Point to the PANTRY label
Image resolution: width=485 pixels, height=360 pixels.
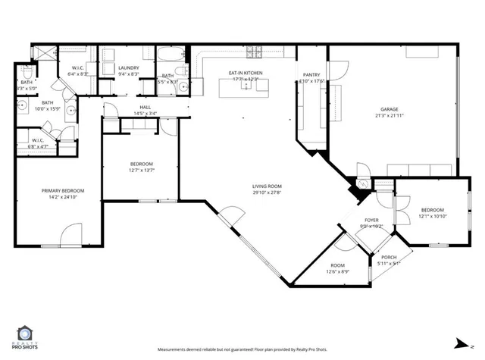[x=311, y=74]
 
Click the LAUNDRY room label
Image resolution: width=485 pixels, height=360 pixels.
[x=129, y=68]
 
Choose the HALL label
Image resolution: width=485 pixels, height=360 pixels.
[x=145, y=107]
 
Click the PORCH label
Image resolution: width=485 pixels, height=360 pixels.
[x=389, y=258]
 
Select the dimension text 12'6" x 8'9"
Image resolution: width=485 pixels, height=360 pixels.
[x=337, y=271]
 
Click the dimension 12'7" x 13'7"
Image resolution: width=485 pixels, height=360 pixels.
[x=142, y=171]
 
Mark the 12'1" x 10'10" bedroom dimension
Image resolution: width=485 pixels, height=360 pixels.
[x=432, y=216]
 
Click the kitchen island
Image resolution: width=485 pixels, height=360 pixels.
[x=245, y=86]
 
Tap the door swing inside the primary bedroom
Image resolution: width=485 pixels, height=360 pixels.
[x=72, y=233]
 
